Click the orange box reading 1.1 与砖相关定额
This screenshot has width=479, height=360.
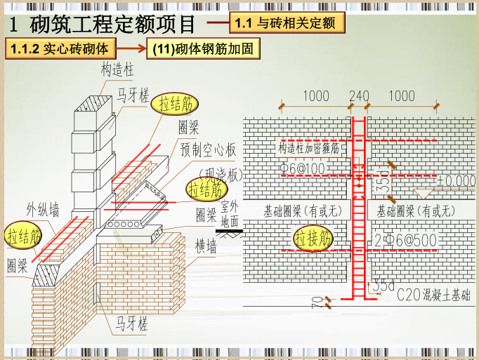click(x=287, y=22)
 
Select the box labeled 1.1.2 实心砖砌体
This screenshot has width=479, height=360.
click(x=60, y=50)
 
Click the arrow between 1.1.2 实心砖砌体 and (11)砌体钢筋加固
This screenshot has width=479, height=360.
click(x=132, y=50)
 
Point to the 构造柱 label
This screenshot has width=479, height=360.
click(x=117, y=71)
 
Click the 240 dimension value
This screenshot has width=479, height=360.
click(x=359, y=96)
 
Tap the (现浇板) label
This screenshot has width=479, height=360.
click(x=220, y=174)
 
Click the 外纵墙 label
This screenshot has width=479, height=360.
click(x=43, y=208)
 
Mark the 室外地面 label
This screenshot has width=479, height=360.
click(x=230, y=213)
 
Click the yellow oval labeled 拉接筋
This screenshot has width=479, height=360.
click(x=313, y=239)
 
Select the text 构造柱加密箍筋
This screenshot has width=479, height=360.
click(x=308, y=149)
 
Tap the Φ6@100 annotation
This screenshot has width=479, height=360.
click(x=303, y=169)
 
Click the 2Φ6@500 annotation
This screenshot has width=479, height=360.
click(x=406, y=240)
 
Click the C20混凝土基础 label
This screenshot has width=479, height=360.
click(x=433, y=295)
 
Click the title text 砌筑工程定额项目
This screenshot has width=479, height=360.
click(x=112, y=25)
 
